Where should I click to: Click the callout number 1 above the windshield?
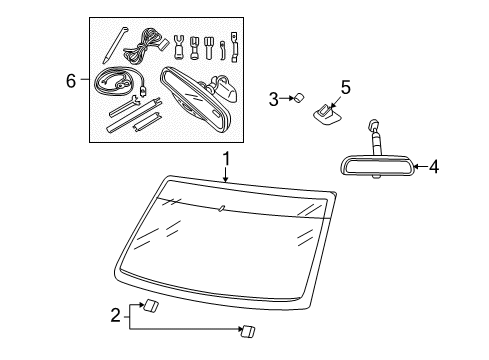[x=226, y=158]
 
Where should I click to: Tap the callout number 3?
[x=272, y=98]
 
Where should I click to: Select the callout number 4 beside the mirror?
[x=433, y=168]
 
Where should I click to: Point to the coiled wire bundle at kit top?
[x=151, y=40]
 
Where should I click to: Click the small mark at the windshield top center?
[x=222, y=208]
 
